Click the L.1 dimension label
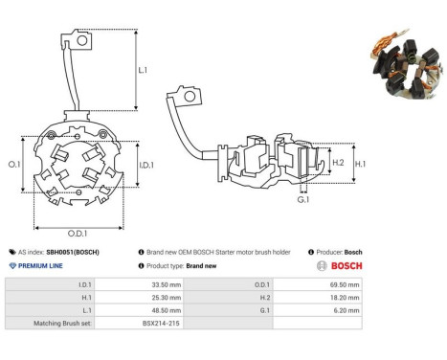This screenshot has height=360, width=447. (x=143, y=70)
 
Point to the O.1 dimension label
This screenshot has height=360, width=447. (x=14, y=165)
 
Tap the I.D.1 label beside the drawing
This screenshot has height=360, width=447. (x=146, y=165)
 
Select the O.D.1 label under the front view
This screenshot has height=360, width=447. (x=78, y=234)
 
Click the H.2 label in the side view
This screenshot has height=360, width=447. (x=338, y=163)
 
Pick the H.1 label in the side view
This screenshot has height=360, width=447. (x=360, y=164)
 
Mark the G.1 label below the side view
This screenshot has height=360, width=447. (x=303, y=200)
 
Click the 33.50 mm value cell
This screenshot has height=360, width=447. (x=167, y=284)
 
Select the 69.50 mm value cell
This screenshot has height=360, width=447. (x=345, y=284)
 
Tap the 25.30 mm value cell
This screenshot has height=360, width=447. (x=167, y=298)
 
